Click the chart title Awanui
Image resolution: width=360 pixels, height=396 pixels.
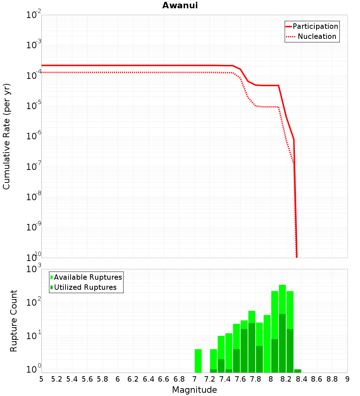pos(180,6)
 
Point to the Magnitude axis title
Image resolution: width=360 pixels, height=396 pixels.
pos(194,390)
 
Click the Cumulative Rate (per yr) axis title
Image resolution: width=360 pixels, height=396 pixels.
pos(6,136)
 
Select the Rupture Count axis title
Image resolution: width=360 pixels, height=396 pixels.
pos(14,321)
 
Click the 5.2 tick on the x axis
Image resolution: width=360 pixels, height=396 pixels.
pos(57,379)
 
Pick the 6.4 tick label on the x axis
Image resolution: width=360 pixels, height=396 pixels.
pos(148,379)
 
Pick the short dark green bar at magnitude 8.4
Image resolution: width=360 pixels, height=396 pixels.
pos(297,371)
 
